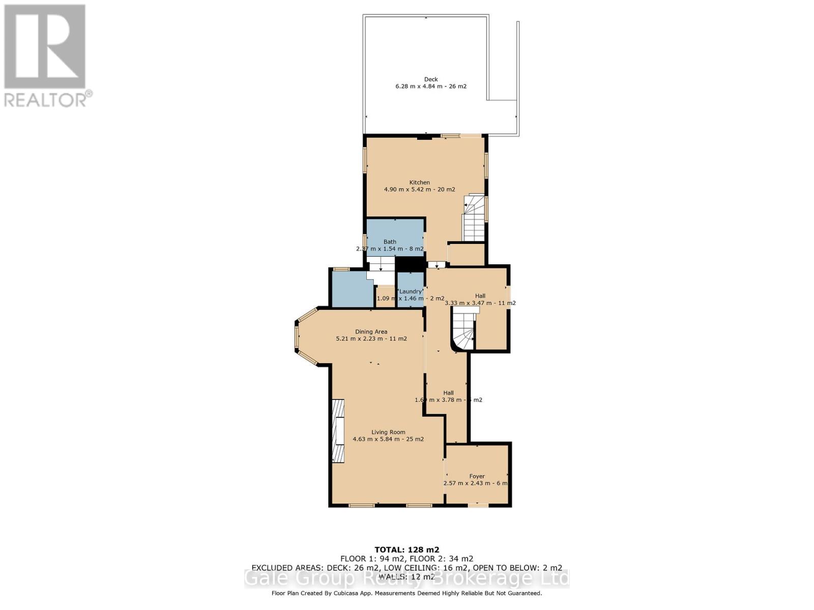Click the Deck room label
[431, 79]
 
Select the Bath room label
[390, 242]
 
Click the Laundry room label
[410, 291]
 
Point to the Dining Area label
[371, 331]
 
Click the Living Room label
[388, 432]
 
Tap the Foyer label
[477, 476]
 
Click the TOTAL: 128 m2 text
[406, 550]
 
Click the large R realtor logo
[45, 47]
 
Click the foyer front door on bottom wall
[477, 505]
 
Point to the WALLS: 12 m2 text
[406, 576]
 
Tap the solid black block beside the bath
[410, 264]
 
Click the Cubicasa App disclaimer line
[406, 593]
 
